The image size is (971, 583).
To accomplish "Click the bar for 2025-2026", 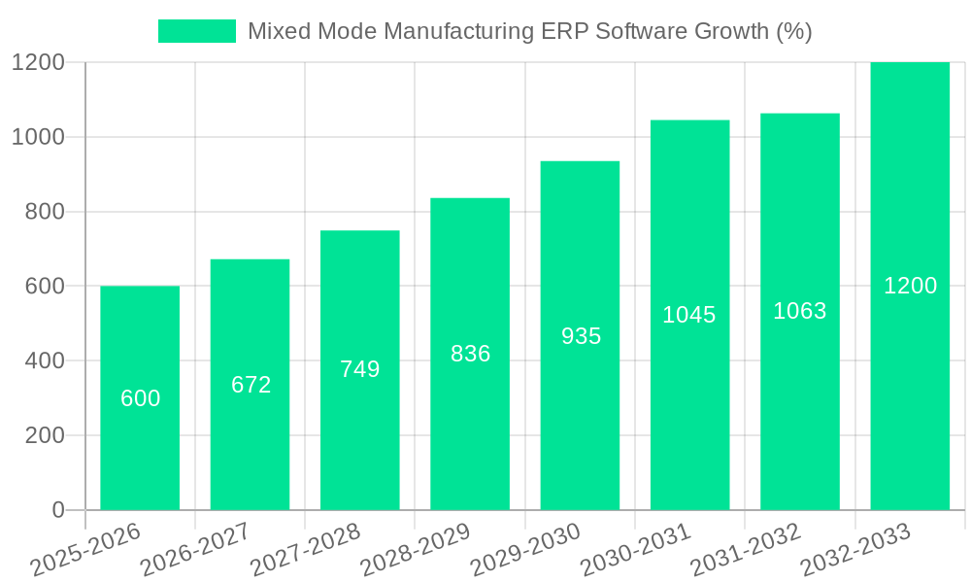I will (x=140, y=437).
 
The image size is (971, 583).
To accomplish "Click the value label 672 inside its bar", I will (x=251, y=385).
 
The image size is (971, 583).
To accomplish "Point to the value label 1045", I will (x=689, y=315).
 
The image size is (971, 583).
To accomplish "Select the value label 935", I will (x=581, y=336).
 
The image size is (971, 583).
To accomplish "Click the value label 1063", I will (x=799, y=311).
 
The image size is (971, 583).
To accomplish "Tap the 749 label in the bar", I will (x=359, y=369).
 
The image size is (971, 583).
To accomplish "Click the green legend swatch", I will (x=197, y=31).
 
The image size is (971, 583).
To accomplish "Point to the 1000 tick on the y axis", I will (x=38, y=137).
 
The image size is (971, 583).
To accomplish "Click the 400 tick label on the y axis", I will (x=44, y=360).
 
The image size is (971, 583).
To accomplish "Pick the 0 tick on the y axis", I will (x=58, y=510).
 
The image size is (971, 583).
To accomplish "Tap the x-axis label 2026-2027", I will (x=194, y=551).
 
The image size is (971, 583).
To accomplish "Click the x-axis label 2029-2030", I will (x=525, y=551).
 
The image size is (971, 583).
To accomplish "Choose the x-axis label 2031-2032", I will (x=745, y=551).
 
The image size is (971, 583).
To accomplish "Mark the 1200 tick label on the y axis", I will (x=38, y=62).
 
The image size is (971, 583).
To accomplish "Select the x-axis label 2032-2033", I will (x=855, y=551).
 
